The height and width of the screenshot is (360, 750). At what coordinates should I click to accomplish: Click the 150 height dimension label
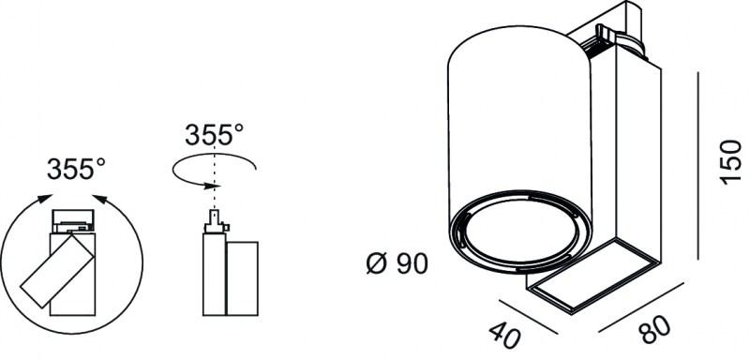(x=730, y=161)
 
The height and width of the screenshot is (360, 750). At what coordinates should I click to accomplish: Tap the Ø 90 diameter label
(x=397, y=263)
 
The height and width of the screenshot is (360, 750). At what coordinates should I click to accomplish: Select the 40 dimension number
(x=505, y=334)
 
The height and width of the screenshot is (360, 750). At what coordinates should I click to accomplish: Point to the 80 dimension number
(x=655, y=329)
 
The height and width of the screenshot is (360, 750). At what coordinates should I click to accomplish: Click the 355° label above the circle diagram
(x=76, y=169)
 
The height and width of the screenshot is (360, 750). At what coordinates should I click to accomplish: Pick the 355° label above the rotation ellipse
(x=215, y=134)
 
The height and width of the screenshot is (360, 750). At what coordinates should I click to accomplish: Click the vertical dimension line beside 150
(x=698, y=165)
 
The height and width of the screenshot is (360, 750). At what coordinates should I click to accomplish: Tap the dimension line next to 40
(x=528, y=317)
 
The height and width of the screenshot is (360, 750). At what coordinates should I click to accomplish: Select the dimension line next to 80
(x=641, y=307)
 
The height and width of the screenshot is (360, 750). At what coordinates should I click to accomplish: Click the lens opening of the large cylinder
(x=520, y=232)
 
